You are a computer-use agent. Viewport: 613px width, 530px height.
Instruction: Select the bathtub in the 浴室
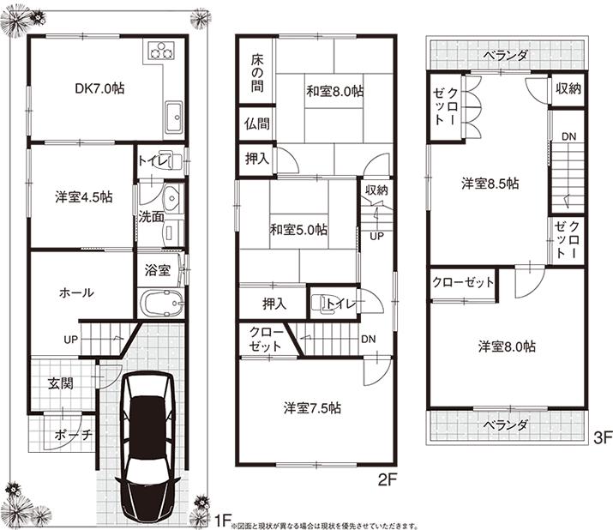pyautogui.click(x=160, y=303)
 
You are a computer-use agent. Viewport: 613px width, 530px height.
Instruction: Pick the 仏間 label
pyautogui.click(x=256, y=123)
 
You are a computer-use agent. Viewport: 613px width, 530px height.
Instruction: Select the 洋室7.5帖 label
pyautogui.click(x=315, y=407)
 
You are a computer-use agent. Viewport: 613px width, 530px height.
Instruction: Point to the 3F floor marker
pyautogui.click(x=600, y=437)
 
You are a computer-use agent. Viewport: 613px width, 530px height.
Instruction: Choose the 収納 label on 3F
pyautogui.click(x=568, y=88)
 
